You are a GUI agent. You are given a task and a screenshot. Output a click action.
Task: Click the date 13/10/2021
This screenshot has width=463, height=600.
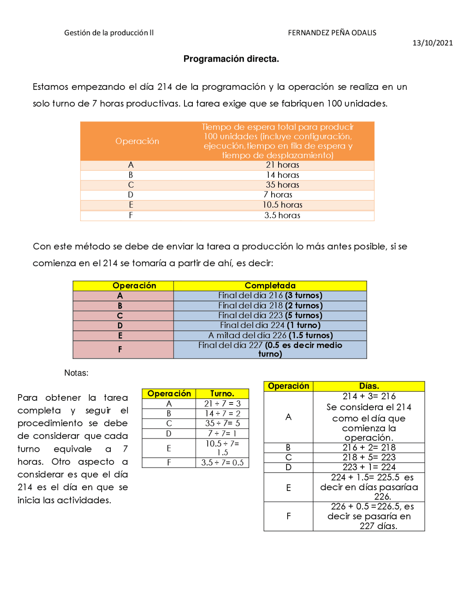[432, 43]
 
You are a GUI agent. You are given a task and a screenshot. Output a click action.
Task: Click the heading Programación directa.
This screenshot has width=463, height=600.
[231, 59]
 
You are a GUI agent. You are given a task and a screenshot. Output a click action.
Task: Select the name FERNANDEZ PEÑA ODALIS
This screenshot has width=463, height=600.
[332, 33]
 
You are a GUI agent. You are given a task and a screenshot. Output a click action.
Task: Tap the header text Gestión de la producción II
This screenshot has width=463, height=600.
[109, 33]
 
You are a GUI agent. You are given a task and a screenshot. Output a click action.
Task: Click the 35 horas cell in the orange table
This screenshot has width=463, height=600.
[282, 185]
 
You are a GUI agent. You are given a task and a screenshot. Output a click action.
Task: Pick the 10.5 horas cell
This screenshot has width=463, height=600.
[282, 205]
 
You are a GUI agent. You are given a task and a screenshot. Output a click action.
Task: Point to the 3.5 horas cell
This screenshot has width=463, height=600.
[282, 215]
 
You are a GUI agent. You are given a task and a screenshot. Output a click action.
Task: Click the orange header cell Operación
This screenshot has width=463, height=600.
[137, 141]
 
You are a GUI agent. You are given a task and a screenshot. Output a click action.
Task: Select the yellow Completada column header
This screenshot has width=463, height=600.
[270, 286]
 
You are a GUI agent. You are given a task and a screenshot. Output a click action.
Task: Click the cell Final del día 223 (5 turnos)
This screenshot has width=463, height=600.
[270, 315]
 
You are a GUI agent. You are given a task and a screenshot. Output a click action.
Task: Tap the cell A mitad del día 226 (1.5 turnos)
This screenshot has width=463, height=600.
[270, 335]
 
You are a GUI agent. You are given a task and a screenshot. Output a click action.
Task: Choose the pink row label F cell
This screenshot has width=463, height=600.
[120, 349]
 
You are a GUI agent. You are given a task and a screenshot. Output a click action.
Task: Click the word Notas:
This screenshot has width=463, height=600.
[76, 373]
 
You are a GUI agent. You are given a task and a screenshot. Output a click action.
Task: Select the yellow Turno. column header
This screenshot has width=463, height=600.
[222, 393]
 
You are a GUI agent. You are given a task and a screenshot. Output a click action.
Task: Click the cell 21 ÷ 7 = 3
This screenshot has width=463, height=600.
[222, 403]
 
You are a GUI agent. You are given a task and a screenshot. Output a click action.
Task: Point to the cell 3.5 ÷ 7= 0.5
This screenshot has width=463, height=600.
[222, 462]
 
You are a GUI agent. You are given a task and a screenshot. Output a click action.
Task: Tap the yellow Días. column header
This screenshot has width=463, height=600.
[369, 386]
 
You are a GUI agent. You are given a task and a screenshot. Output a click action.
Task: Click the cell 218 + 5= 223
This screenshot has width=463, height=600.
[369, 457]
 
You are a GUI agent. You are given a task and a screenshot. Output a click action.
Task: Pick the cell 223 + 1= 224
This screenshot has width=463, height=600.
[369, 467]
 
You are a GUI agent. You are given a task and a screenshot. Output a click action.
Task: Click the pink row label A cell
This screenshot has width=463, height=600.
[120, 296]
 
